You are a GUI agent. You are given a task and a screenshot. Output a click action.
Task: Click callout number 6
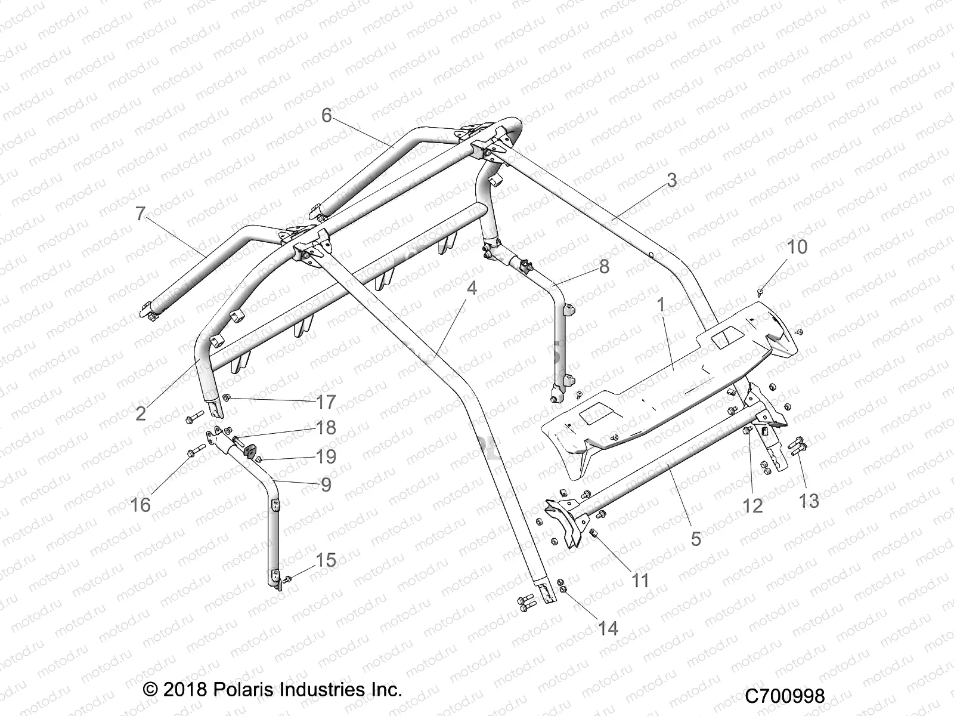[326, 115]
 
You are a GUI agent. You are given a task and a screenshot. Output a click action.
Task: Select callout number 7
[141, 214]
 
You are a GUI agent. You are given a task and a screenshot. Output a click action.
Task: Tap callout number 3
[671, 180]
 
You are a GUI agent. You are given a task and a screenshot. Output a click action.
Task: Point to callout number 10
[797, 246]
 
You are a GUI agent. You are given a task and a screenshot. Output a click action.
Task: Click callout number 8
[604, 267]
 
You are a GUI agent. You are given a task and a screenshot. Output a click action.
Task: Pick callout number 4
[472, 288]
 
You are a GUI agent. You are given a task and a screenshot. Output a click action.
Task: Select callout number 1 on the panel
[660, 305]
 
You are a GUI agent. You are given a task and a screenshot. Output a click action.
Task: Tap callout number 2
[141, 413]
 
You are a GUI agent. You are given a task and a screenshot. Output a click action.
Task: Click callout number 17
[326, 402]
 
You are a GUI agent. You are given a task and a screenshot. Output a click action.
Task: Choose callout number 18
[326, 428]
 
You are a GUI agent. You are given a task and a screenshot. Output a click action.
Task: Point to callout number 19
[326, 456]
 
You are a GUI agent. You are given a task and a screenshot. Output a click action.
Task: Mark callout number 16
[141, 505]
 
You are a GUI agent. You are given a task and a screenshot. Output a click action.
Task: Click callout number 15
[326, 560]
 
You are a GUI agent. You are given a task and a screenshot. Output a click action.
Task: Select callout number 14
[608, 628]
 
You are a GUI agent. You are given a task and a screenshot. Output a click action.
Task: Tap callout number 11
[640, 580]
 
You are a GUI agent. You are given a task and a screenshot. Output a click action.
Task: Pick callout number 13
[809, 501]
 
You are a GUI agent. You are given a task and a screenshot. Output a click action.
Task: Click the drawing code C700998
[785, 696]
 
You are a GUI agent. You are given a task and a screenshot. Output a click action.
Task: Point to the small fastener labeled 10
[760, 292]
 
